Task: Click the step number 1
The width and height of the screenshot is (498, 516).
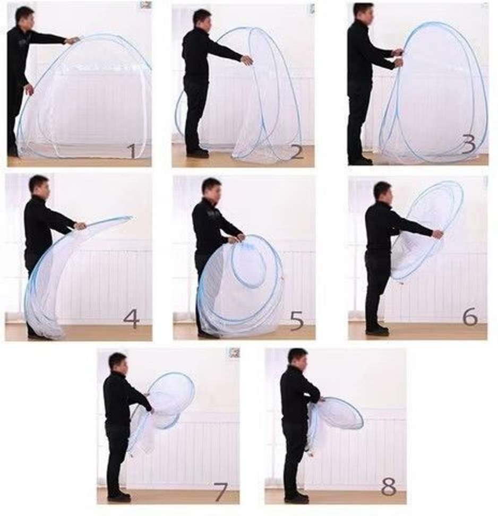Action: (132, 151)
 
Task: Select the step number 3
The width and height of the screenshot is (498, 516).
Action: (468, 145)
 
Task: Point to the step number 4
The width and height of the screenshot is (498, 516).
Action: (132, 319)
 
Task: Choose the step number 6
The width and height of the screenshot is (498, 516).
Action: (470, 317)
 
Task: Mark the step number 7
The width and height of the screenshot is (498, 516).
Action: (220, 492)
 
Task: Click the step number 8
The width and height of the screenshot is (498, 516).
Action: (389, 487)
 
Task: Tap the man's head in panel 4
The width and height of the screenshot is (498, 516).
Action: (40, 186)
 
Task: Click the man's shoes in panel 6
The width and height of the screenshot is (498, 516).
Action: (377, 330)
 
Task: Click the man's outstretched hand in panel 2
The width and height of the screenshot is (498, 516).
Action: (247, 60)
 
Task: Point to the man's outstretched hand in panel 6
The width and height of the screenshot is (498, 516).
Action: (438, 234)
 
